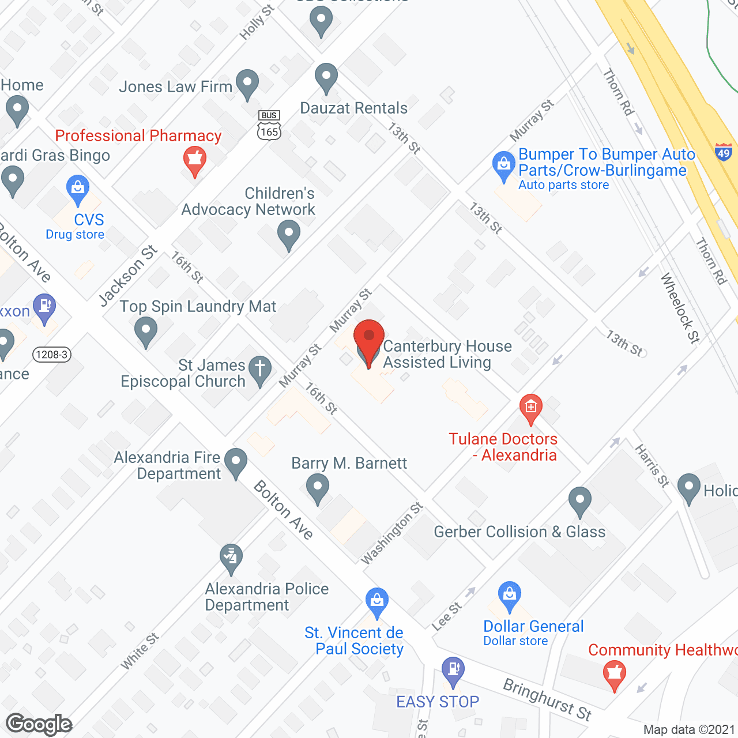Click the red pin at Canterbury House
coord(368,340)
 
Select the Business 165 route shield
coord(269,125)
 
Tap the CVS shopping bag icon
coord(77,189)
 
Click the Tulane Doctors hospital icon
coord(530,407)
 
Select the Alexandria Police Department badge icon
coord(231,558)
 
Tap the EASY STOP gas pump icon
coord(453,670)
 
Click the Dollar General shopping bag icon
coord(510,594)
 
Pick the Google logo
coord(39,724)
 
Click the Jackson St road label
coord(128,275)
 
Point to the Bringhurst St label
coord(547,699)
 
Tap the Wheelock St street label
coord(680,308)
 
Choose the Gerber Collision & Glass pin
coord(579,500)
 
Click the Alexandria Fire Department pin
coord(235,462)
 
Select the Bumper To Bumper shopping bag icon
coord(504,165)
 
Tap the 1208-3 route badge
coord(51,355)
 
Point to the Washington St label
coord(392,533)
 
